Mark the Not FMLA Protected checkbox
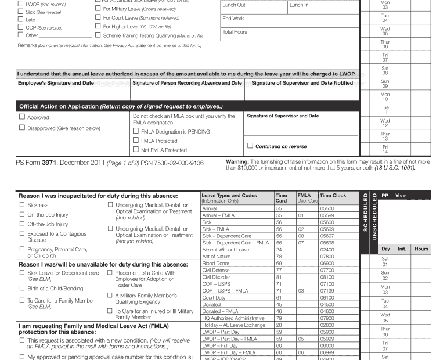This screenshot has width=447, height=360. (136, 150)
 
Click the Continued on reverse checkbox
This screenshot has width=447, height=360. (250, 145)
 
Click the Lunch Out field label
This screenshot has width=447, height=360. (234, 5)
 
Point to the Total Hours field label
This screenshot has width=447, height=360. (235, 32)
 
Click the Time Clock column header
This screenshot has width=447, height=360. (333, 196)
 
